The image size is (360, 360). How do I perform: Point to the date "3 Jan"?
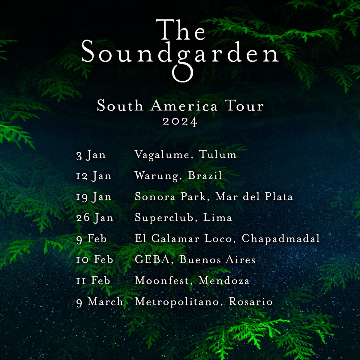point(91,155)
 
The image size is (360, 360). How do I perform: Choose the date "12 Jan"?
point(94,176)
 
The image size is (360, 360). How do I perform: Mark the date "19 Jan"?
point(94,197)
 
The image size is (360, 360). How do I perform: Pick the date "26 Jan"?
point(95,218)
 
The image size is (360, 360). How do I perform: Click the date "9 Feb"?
point(91,239)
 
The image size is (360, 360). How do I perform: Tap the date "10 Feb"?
point(95,259)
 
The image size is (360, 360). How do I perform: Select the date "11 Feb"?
point(93,280)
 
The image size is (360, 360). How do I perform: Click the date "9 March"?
point(100,301)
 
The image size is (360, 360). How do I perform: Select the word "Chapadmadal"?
point(281,239)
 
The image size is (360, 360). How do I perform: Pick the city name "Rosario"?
point(251,301)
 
